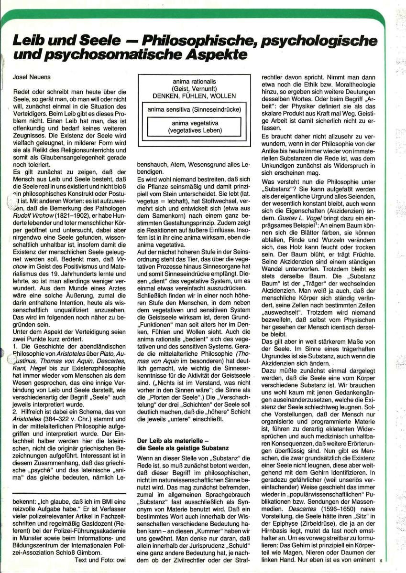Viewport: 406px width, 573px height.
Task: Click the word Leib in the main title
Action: click(29, 42)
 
